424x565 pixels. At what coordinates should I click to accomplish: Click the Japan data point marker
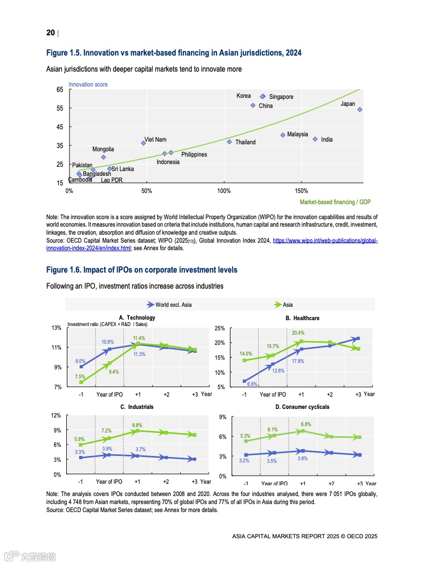[360, 110]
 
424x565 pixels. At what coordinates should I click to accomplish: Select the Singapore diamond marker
[263, 96]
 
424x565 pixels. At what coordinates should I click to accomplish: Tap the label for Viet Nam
[155, 140]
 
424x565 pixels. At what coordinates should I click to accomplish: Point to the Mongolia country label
[103, 150]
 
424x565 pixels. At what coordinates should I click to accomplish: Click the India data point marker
[315, 139]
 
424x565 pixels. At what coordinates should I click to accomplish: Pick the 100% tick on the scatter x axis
[224, 191]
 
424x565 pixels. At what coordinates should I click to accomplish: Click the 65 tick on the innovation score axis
[59, 90]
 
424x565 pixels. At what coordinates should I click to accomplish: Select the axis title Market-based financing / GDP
[335, 202]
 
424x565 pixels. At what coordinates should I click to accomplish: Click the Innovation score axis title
[88, 84]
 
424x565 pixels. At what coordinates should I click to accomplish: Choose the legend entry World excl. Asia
[173, 305]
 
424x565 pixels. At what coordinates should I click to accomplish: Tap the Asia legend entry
[288, 305]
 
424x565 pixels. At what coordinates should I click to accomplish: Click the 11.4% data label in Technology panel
[139, 338]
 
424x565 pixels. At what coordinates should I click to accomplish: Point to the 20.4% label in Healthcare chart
[298, 333]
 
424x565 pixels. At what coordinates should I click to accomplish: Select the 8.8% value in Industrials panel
[137, 425]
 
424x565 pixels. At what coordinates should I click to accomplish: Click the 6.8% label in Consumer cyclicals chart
[305, 424]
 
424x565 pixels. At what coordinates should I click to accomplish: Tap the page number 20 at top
[50, 33]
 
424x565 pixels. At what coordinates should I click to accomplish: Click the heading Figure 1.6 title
[142, 270]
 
